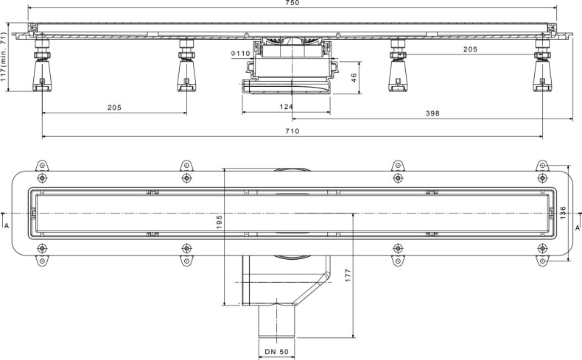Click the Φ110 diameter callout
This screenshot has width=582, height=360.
240,53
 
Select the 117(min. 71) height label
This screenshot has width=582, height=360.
5,58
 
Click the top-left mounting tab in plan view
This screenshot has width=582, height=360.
42,166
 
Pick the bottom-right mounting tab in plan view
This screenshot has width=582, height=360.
543,260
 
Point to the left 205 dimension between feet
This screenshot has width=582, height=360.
114,107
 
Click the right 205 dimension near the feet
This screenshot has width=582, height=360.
470,49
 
